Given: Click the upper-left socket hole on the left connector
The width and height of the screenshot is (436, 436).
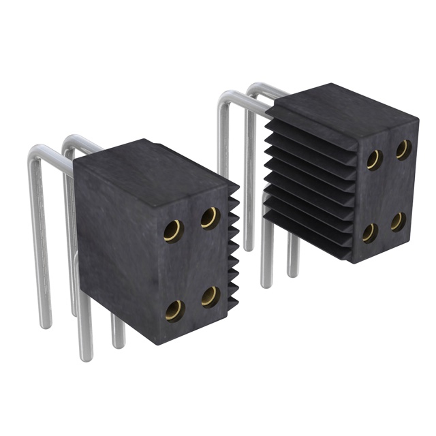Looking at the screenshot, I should click(173, 232).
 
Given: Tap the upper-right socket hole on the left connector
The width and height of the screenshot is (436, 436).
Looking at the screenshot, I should click(210, 218).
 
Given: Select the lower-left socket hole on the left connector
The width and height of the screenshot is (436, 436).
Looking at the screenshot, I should click(174, 310).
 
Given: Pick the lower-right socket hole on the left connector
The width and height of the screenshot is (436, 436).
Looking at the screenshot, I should click(211, 296).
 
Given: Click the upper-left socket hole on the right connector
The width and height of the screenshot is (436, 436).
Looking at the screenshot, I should click(373, 159).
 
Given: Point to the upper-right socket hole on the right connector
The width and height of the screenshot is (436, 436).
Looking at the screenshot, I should click(403, 149).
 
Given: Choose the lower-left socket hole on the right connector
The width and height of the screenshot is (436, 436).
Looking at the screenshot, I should click(370, 233).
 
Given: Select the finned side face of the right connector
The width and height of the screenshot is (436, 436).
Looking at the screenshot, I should click(307, 184).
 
